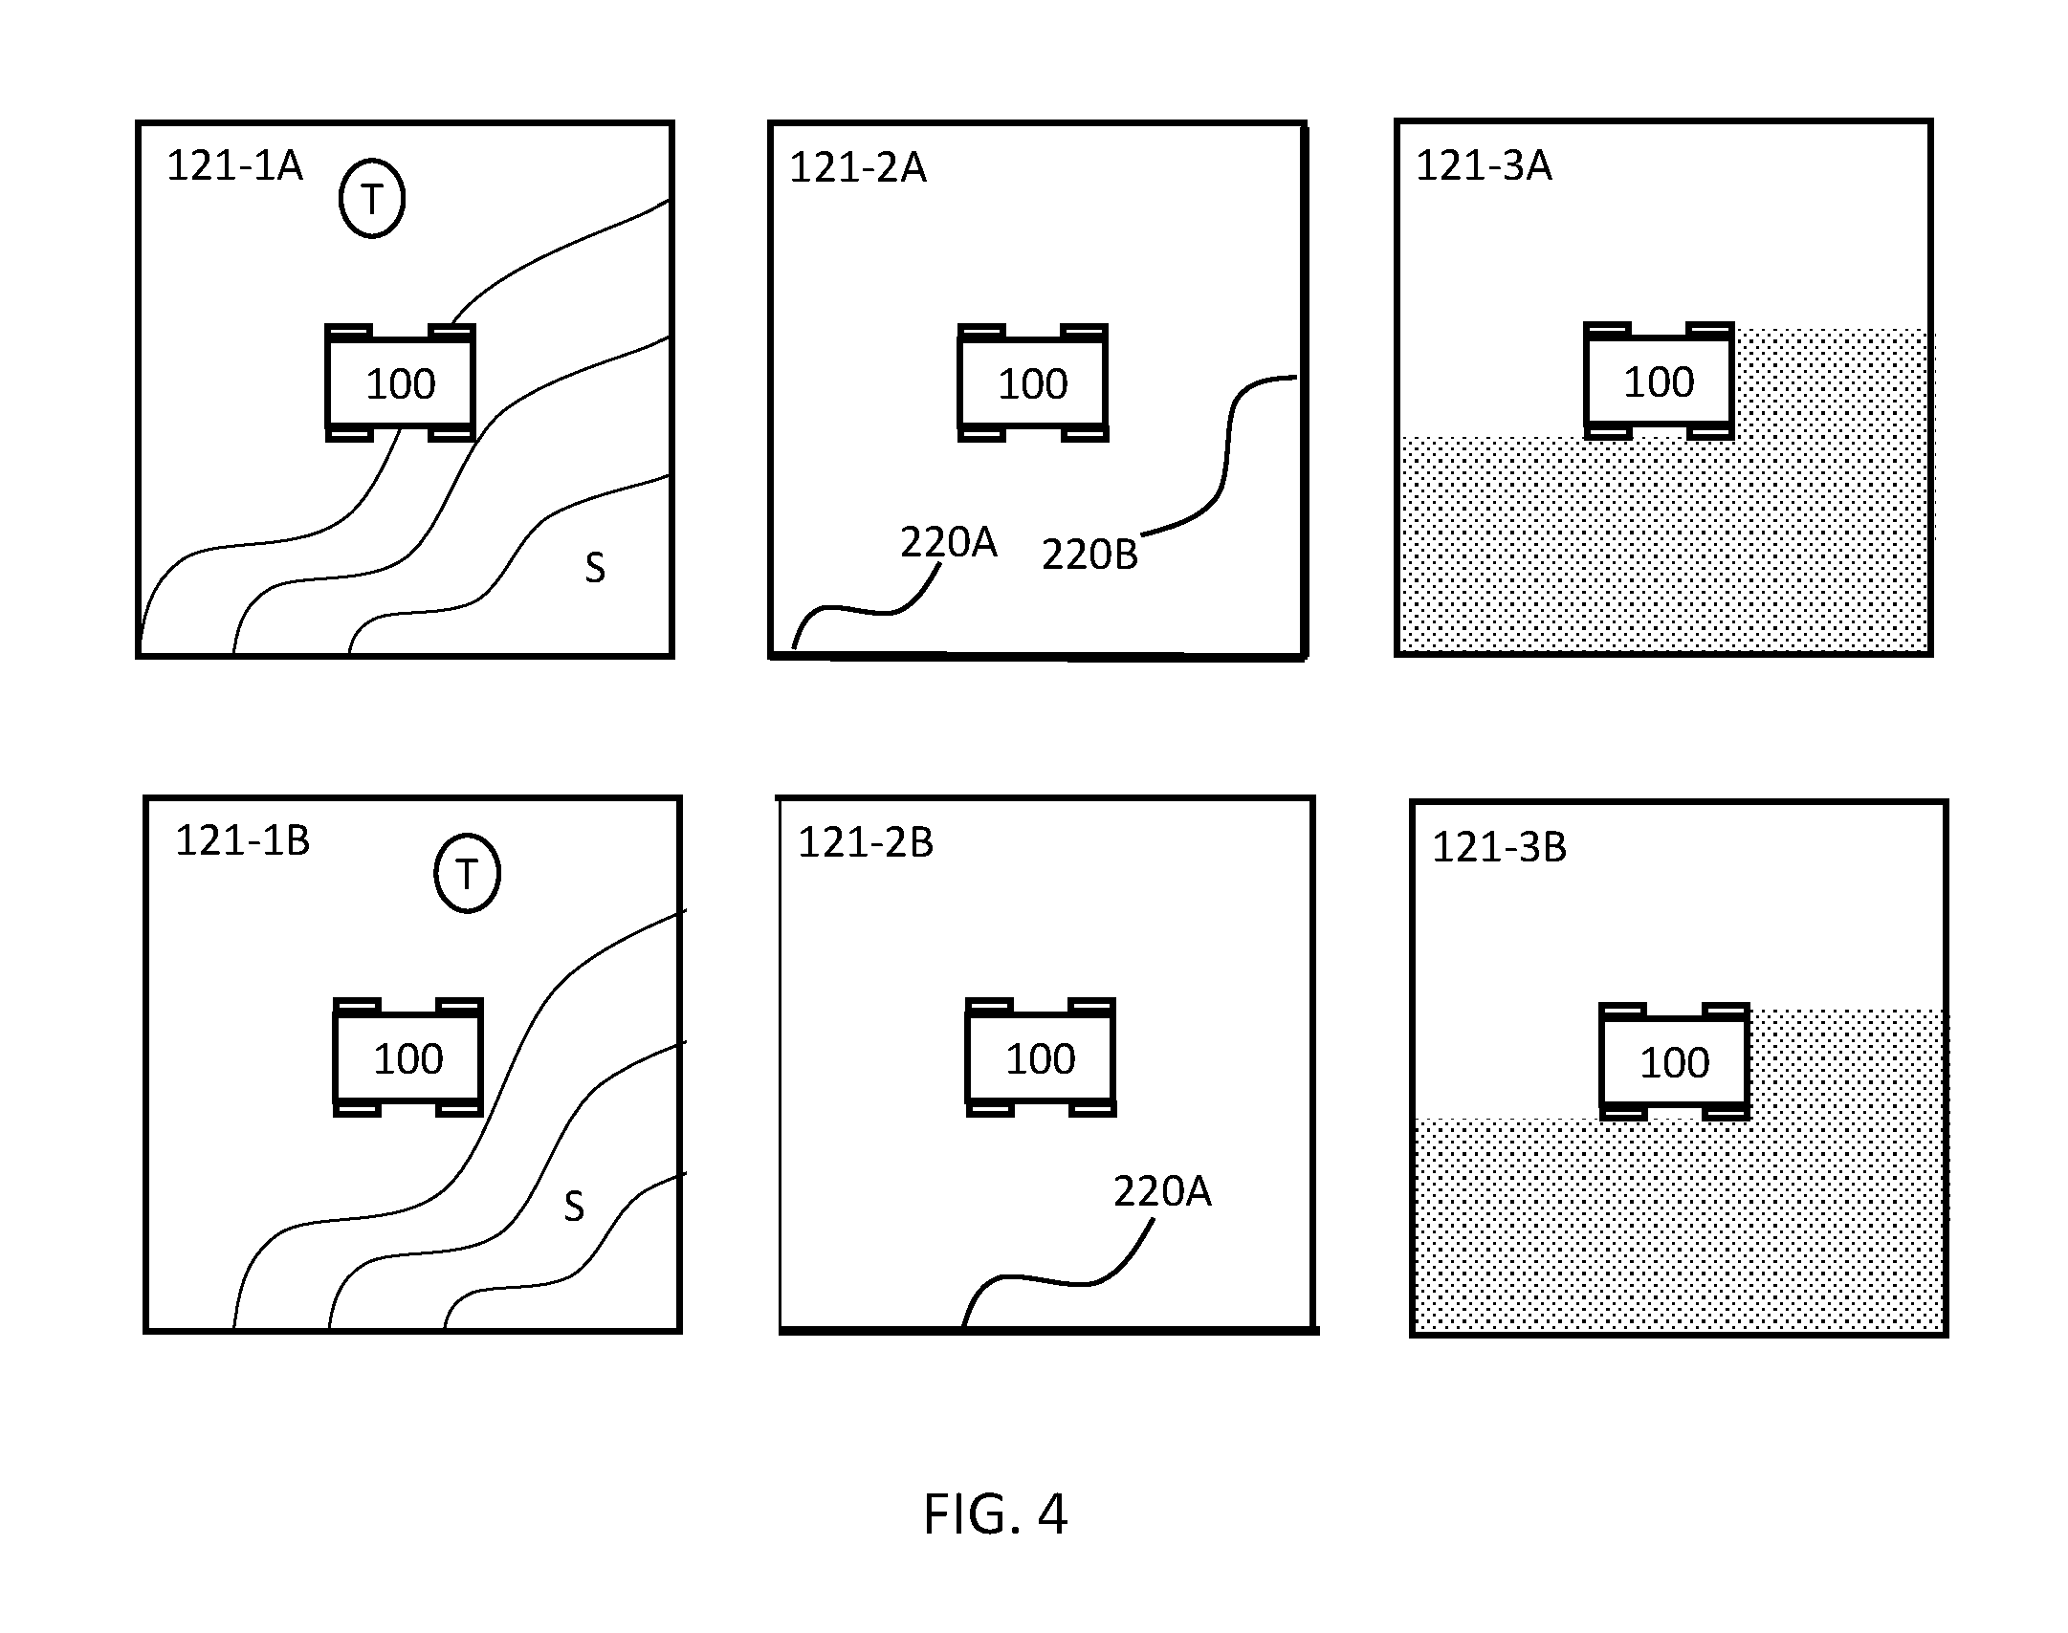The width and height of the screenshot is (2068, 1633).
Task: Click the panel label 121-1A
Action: [x=235, y=165]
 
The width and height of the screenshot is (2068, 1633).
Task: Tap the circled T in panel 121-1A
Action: [x=372, y=199]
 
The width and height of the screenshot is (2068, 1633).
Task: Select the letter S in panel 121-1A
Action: [x=595, y=568]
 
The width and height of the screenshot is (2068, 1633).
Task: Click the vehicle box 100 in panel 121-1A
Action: [x=400, y=382]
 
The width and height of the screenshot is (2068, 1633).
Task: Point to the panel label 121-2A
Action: [x=858, y=167]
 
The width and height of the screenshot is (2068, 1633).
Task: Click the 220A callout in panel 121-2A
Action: [x=948, y=542]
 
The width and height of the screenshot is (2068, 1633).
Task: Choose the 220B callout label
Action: [x=1089, y=555]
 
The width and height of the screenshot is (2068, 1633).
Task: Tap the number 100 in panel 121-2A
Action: [x=1033, y=383]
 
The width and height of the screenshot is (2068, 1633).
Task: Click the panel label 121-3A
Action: [x=1484, y=165]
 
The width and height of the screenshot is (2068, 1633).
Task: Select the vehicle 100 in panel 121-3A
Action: [x=1659, y=381]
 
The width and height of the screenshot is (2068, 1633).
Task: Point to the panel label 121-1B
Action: [x=243, y=840]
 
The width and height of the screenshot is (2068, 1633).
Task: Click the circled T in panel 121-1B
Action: [x=467, y=874]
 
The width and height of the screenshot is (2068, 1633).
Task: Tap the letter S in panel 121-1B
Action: [x=574, y=1207]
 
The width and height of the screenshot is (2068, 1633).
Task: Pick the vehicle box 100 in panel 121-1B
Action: [x=407, y=1057]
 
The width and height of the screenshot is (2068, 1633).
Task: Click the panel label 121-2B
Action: [x=866, y=842]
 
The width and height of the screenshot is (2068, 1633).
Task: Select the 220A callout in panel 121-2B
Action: [x=1162, y=1191]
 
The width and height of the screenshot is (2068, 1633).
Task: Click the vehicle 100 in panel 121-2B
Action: [x=1040, y=1057]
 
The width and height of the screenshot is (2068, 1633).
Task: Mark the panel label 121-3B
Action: [x=1500, y=847]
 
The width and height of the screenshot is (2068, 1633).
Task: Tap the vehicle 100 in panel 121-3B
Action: [x=1674, y=1061]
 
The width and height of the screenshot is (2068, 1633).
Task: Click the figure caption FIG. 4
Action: [x=995, y=1514]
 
